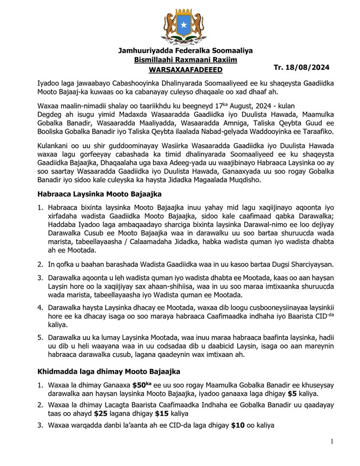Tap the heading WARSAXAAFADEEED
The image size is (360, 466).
[185, 70]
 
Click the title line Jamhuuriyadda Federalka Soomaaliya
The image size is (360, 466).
[185, 51]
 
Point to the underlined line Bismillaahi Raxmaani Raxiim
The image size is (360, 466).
[185, 60]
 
